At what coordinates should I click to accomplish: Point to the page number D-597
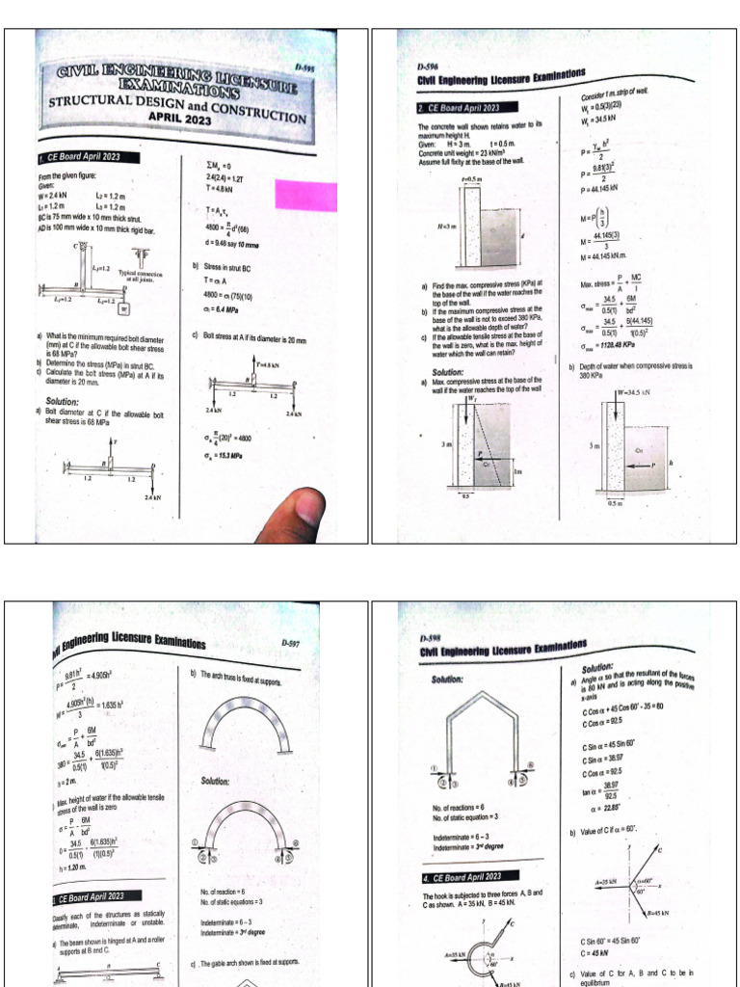click(290, 643)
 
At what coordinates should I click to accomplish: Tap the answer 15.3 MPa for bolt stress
click(227, 457)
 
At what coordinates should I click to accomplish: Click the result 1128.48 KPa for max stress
click(613, 343)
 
